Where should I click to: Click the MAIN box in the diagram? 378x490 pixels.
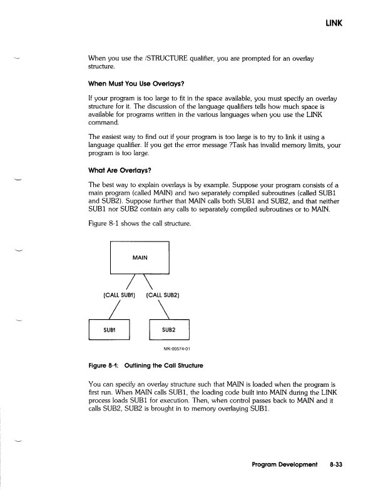pos(140,257)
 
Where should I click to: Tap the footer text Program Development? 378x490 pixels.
pos(284,465)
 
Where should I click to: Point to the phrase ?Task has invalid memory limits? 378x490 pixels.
pos(265,146)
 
